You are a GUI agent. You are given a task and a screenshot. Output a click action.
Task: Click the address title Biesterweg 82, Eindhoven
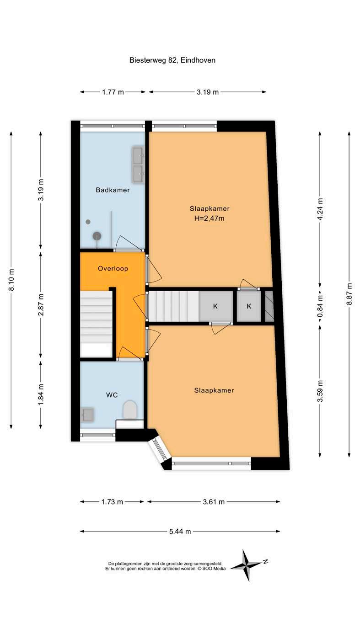[x=172, y=60]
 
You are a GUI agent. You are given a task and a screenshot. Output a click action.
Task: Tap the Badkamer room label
[x=113, y=190]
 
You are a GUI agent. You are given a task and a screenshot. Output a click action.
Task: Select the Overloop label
[x=113, y=268]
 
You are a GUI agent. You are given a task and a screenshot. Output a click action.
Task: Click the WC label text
[x=112, y=395]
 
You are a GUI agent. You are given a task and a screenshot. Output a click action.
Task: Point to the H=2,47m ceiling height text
[x=209, y=218]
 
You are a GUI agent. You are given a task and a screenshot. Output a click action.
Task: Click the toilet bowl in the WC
[x=130, y=410]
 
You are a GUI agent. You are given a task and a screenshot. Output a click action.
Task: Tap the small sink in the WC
[x=88, y=415]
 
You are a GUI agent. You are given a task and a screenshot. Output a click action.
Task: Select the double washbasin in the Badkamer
[x=138, y=165]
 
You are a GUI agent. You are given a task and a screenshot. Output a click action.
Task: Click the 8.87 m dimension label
[x=349, y=294]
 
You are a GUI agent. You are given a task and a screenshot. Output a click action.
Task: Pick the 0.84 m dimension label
[x=320, y=306]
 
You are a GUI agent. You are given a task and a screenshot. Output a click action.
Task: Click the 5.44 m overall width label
[x=180, y=532]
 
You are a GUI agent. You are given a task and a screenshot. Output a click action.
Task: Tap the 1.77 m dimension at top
[x=113, y=92]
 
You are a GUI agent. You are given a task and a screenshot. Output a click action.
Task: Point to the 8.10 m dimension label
[x=11, y=280]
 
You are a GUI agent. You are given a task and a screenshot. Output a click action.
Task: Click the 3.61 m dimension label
[x=214, y=502]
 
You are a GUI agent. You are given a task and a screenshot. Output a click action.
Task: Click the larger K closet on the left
[x=216, y=306]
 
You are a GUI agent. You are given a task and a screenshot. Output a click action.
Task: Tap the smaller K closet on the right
[x=249, y=306]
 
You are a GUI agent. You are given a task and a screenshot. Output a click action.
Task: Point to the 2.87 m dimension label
[x=41, y=304]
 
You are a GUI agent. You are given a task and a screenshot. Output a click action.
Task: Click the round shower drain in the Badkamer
[x=97, y=236]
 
